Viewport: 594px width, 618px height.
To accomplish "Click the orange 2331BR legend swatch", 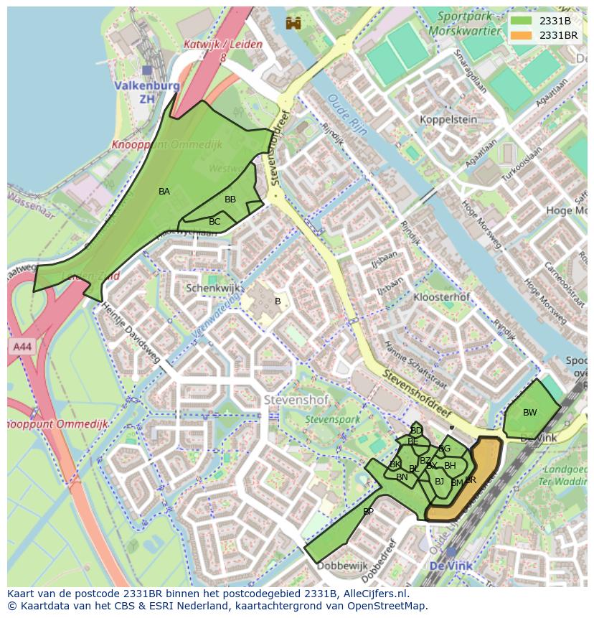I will tap(522, 35).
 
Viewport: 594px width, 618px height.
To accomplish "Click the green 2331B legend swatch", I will tap(522, 21).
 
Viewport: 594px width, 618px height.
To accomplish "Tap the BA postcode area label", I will tap(164, 192).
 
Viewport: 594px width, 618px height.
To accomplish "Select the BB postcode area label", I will tap(230, 200).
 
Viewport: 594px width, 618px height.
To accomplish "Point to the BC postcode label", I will tap(214, 222).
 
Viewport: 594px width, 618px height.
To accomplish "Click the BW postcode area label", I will tap(529, 413).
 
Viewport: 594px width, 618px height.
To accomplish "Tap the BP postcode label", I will tap(368, 512).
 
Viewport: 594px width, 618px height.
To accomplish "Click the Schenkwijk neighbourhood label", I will tap(212, 288).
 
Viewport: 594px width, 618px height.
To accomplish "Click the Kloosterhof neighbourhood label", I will tap(442, 296).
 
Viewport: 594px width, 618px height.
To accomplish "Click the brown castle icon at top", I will tap(293, 23).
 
